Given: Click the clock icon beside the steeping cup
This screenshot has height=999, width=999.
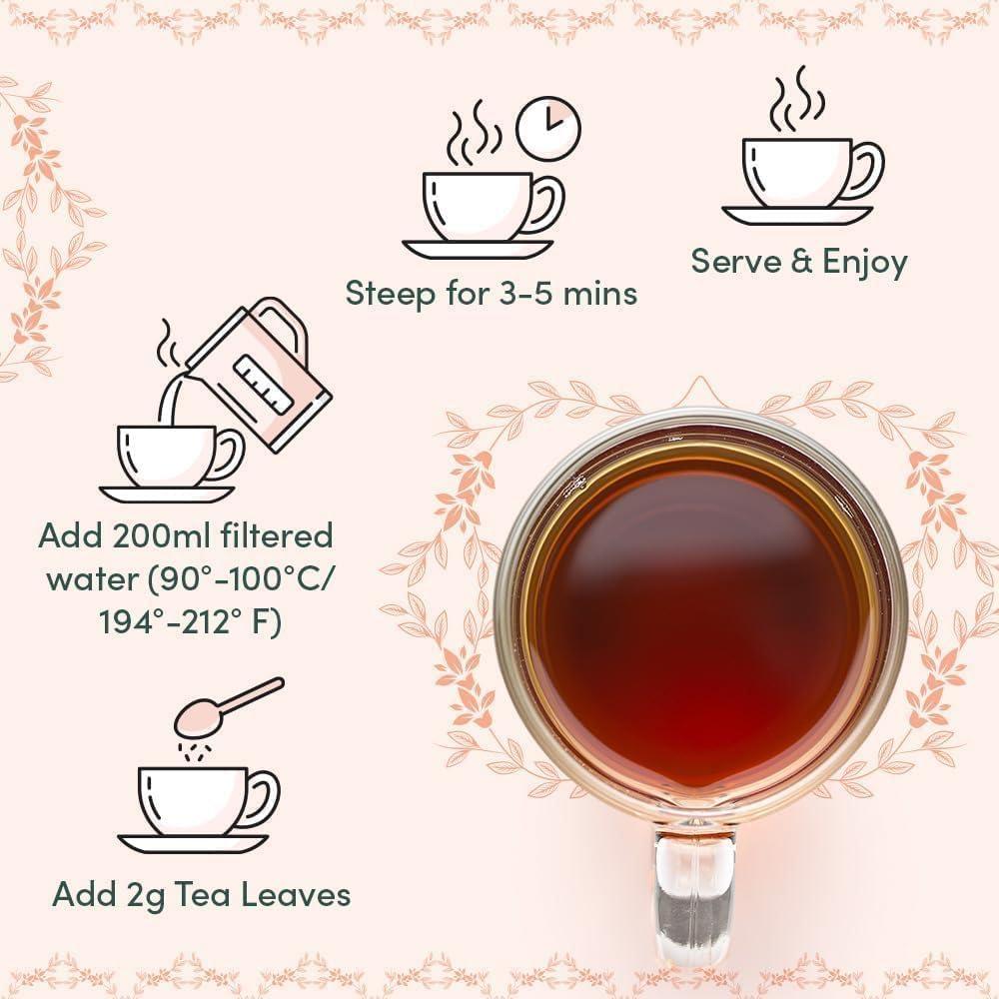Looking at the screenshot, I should (x=547, y=127).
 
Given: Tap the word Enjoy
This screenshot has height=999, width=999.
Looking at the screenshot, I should (x=865, y=263).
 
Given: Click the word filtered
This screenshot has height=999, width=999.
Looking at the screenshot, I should (x=275, y=535).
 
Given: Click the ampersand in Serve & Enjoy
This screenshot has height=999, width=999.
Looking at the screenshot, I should (x=802, y=262).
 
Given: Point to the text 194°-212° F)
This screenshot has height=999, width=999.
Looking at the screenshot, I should (x=190, y=621).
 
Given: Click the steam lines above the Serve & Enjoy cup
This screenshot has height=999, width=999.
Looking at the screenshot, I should (x=796, y=99).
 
